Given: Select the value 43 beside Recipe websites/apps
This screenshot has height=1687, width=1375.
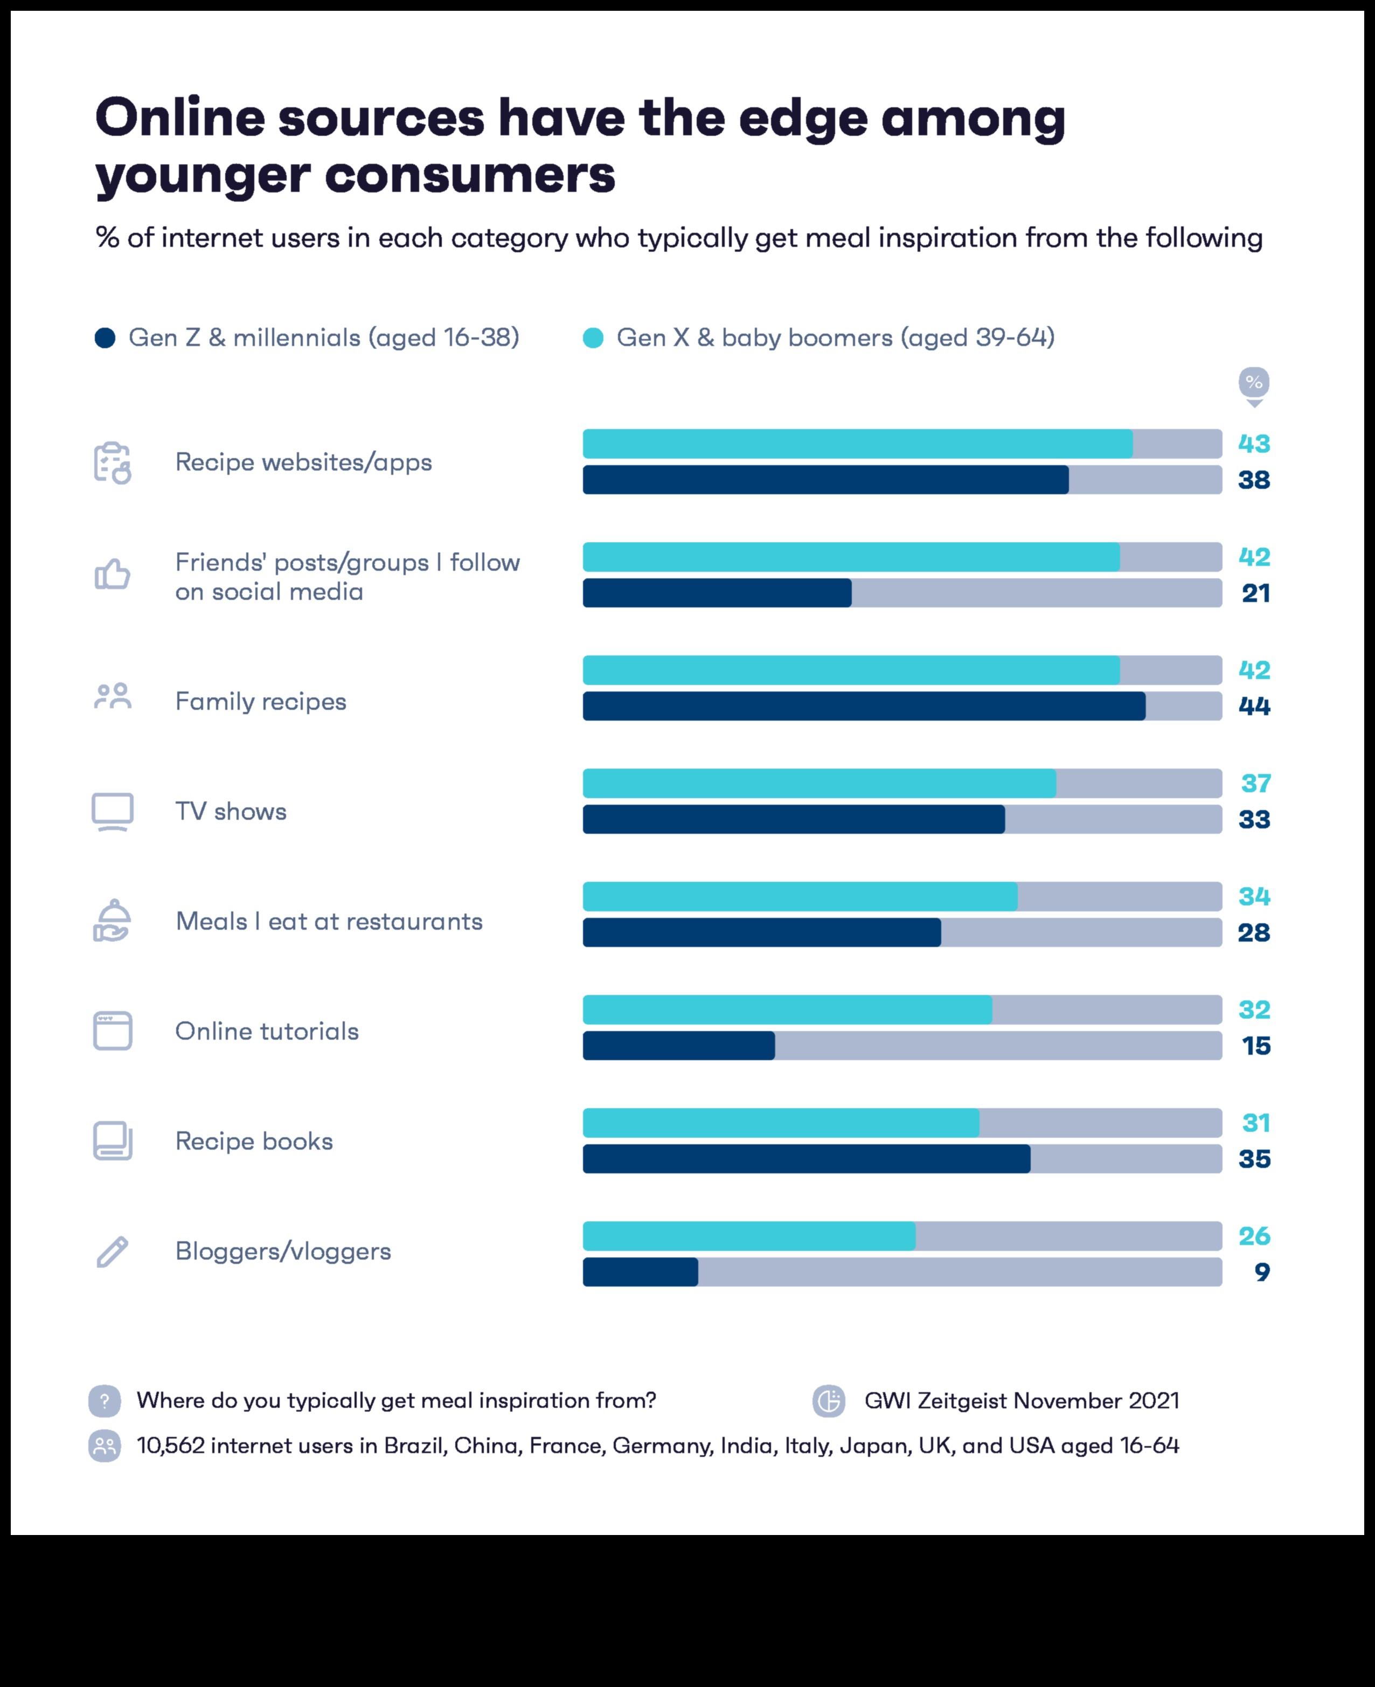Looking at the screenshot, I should (1254, 444).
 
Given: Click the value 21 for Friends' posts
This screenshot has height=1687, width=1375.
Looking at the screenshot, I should (1255, 593).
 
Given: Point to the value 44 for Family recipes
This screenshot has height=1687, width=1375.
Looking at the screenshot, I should (1254, 706).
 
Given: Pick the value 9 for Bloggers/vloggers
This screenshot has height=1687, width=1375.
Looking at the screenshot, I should (1262, 1272).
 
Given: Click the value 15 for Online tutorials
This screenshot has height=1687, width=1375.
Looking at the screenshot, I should (1255, 1046).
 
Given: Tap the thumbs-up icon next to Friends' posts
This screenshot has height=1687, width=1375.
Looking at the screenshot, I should (113, 575).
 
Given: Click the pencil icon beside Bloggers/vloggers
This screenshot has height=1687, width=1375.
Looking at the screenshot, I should (113, 1252).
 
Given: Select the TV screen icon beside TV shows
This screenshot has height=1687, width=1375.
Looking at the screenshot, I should (113, 811).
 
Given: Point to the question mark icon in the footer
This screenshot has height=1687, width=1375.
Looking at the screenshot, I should (105, 1401).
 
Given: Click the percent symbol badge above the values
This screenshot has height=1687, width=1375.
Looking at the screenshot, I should (1254, 383).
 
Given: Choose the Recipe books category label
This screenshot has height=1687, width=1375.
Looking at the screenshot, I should (253, 1141).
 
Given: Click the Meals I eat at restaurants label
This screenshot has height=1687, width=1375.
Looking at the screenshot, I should (329, 922).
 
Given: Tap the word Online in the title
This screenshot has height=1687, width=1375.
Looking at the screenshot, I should (180, 117).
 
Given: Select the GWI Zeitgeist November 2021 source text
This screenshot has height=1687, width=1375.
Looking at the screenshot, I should (1021, 1401).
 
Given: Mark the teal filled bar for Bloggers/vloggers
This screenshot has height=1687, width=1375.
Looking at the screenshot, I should (748, 1236).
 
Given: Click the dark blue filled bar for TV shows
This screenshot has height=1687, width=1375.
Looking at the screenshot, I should (794, 819).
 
